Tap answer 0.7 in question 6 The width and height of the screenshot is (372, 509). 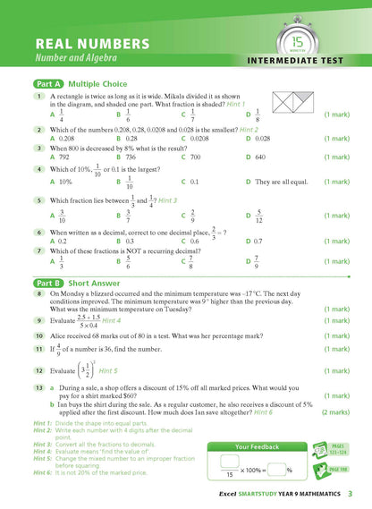tap(255, 241)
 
